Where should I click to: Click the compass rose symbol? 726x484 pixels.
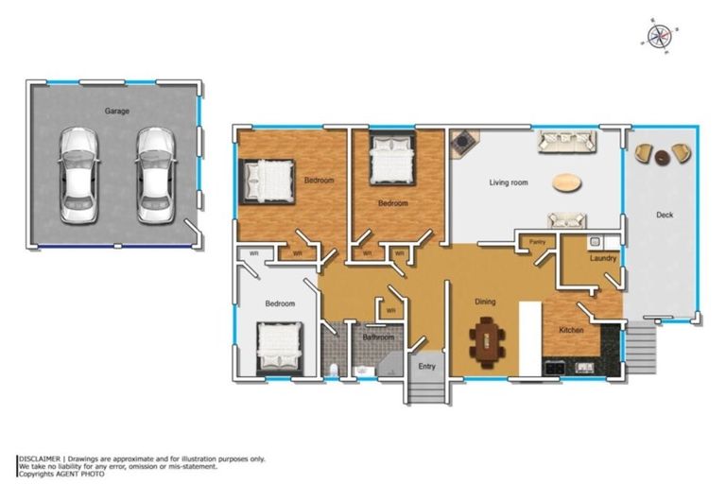coord(660,36)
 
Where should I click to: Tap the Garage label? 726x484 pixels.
coord(116,112)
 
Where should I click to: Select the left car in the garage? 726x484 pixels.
coord(78,176)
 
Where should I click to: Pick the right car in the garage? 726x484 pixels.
coord(156,176)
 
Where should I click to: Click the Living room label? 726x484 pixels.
coord(509,182)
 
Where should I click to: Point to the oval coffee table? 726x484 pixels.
coord(567,182)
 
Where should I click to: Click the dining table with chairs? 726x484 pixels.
coord(487,342)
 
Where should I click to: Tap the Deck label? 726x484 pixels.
coord(665,215)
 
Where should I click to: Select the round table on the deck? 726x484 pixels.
coord(662,158)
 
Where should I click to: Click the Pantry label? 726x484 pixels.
coord(537,242)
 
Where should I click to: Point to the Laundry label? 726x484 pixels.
coord(603,258)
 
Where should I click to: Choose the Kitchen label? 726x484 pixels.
coord(571,330)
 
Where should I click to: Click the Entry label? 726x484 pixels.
coord(426,367)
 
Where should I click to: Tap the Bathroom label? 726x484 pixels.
coord(378,337)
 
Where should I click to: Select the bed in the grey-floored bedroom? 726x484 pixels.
coord(279,347)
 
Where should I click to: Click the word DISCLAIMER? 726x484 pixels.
coord(40,459)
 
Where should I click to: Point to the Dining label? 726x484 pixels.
coord(485,302)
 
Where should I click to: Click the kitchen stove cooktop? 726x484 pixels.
coord(554,369)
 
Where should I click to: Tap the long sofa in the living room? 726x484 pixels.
coord(566,142)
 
